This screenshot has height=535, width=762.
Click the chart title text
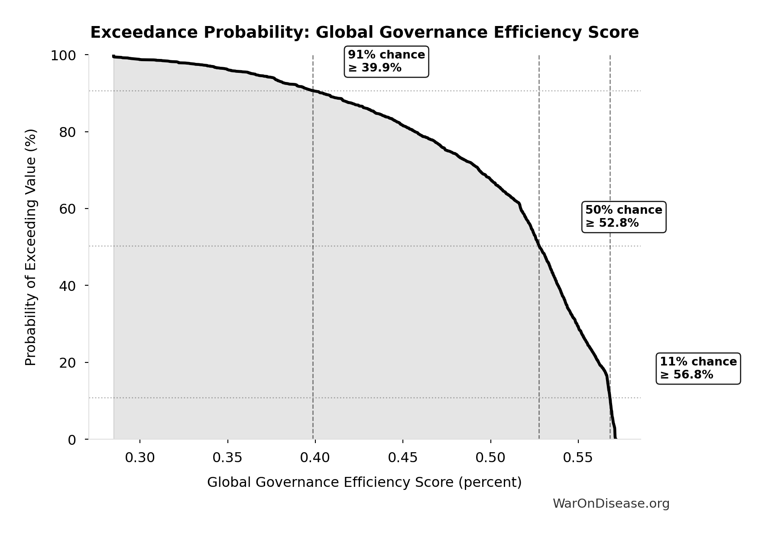click(364, 33)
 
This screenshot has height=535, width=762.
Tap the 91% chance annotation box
click(386, 62)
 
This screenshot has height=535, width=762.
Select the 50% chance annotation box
click(623, 217)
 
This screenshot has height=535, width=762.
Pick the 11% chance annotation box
click(698, 369)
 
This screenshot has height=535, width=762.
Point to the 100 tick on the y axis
click(63, 55)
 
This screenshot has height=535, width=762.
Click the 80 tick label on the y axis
click(68, 132)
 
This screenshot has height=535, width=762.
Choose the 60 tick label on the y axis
click(68, 209)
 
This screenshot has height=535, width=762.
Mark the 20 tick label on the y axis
click(68, 363)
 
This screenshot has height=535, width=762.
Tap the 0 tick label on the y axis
click(72, 440)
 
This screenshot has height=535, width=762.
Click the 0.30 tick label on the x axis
click(140, 458)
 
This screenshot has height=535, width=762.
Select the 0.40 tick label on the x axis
click(315, 458)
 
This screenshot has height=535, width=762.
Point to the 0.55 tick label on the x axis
click(578, 458)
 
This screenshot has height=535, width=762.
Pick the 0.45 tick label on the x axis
click(403, 458)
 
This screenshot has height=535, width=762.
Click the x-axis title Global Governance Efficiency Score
click(364, 483)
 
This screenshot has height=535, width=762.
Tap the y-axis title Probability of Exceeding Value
click(30, 248)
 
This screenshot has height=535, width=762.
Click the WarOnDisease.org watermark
click(611, 504)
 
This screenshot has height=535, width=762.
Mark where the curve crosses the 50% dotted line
click(539, 246)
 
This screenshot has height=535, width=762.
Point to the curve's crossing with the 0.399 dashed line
click(313, 91)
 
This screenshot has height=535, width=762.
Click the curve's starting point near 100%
click(114, 56)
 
